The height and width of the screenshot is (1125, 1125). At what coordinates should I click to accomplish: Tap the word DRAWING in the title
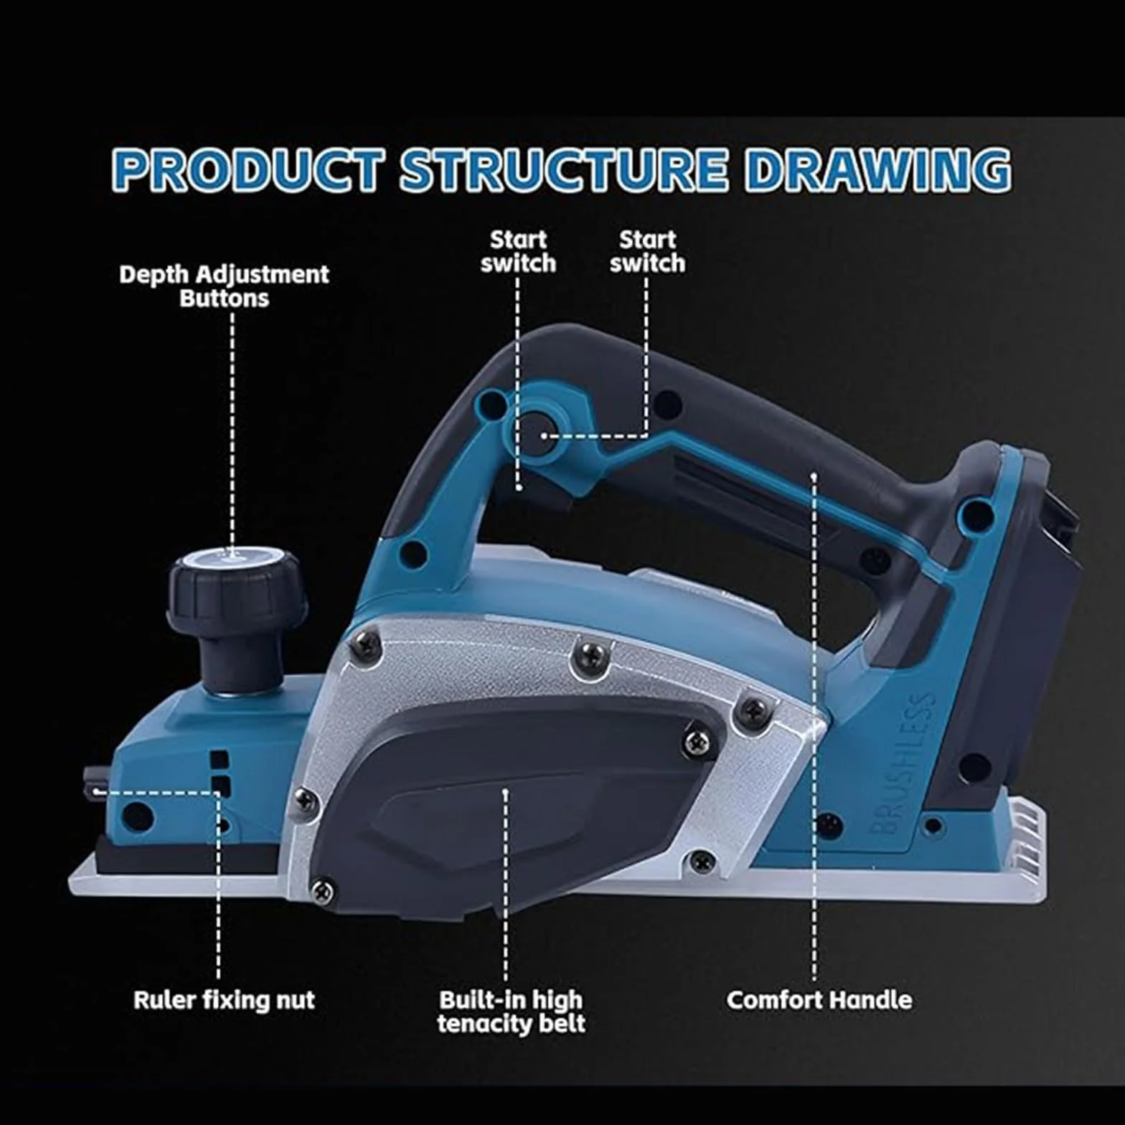tap(877, 171)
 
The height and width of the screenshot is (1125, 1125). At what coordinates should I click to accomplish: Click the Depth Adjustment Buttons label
tap(224, 286)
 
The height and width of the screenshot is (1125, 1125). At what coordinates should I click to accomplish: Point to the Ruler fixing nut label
tap(224, 999)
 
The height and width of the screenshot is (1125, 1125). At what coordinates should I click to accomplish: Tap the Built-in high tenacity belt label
tap(511, 1011)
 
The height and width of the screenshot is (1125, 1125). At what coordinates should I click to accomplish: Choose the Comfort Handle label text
tap(819, 999)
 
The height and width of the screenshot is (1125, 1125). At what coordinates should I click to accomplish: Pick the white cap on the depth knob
tap(231, 557)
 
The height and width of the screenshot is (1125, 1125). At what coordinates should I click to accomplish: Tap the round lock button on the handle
tap(538, 433)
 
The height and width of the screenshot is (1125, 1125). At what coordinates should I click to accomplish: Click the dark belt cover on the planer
tap(513, 804)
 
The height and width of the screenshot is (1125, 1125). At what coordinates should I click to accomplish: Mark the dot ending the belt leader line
tap(506, 791)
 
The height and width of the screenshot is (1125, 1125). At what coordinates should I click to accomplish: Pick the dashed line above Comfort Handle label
tap(814, 728)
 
